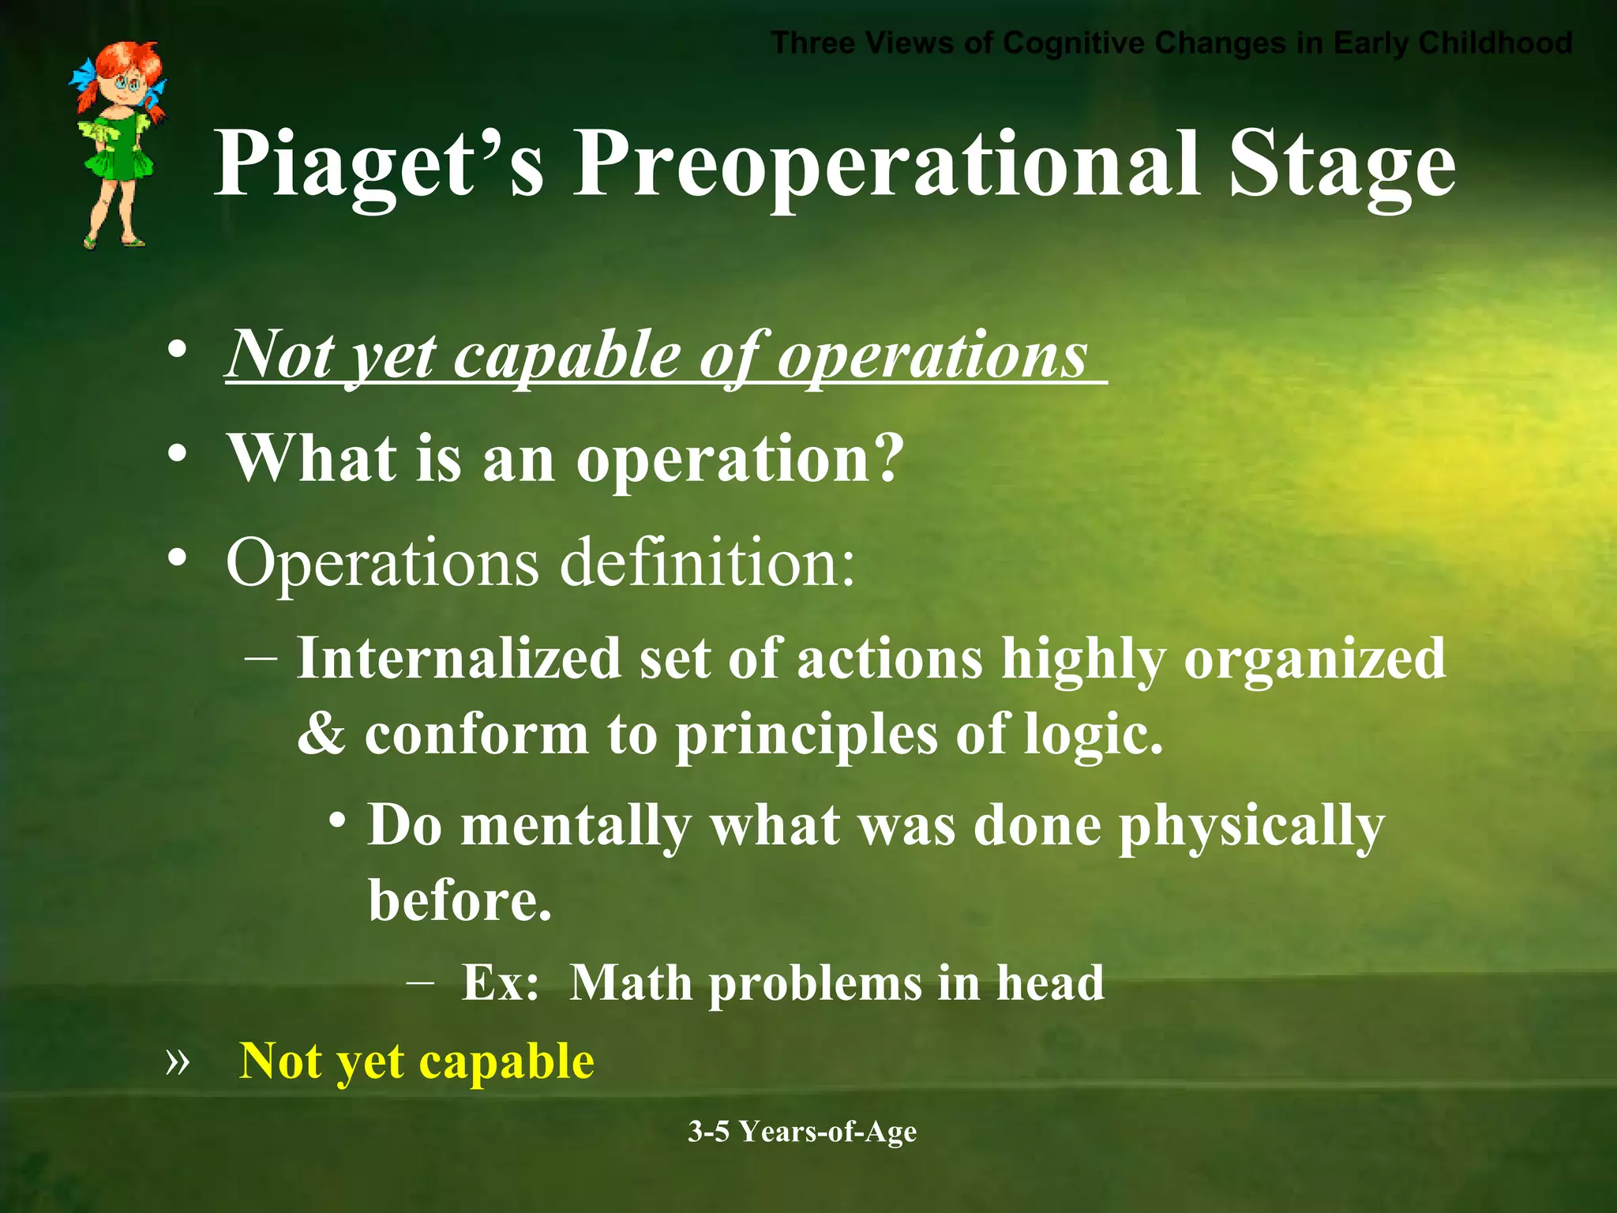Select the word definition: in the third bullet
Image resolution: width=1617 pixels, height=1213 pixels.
707,562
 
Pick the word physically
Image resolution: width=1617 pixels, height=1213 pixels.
1251,826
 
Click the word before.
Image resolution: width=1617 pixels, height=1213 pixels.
460,900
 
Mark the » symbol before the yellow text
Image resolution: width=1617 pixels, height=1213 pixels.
178,1061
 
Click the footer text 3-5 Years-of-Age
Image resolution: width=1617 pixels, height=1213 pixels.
802,1132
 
